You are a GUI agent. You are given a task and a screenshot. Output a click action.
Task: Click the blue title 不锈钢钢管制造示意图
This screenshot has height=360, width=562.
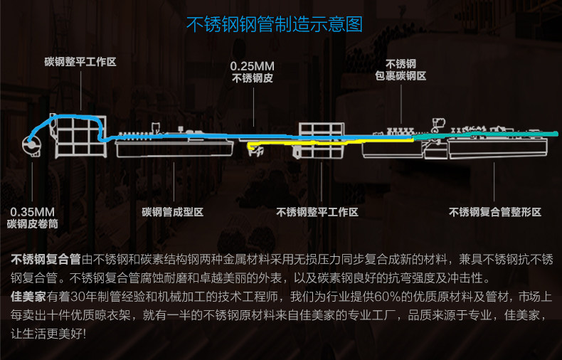click(275, 24)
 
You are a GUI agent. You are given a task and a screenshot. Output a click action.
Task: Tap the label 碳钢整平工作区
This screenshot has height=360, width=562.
click(80, 62)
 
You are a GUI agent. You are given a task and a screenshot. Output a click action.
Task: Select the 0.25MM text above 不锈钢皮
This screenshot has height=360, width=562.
click(253, 66)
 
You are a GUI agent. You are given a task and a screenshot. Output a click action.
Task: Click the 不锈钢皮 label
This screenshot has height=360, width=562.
click(253, 78)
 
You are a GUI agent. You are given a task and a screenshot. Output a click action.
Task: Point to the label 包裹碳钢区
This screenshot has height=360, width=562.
click(401, 76)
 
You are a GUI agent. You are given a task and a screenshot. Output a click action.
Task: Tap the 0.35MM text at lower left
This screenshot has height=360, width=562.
click(33, 212)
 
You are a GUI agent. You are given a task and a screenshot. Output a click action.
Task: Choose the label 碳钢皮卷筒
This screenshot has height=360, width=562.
click(33, 224)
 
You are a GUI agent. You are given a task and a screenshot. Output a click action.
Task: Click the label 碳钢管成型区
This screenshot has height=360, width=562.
click(173, 212)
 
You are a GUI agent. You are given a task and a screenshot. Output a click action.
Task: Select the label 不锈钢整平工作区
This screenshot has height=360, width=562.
click(317, 212)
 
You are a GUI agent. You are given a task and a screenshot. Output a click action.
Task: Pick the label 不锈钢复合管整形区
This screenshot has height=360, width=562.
click(495, 212)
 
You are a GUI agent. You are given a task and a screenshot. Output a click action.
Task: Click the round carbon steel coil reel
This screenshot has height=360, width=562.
click(31, 146)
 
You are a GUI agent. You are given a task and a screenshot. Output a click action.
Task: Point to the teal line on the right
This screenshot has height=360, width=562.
click(485, 135)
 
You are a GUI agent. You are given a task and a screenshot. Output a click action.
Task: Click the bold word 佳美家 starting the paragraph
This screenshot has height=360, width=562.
click(28, 297)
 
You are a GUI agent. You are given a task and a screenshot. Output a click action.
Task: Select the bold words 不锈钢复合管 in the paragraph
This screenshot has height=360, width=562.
click(46, 259)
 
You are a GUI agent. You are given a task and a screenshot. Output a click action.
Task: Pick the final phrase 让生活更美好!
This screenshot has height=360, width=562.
click(48, 334)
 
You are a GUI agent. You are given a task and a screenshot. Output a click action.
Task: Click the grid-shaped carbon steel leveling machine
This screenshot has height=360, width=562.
click(80, 137)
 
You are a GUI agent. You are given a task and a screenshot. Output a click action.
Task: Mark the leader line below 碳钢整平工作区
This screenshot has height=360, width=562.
click(80, 91)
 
